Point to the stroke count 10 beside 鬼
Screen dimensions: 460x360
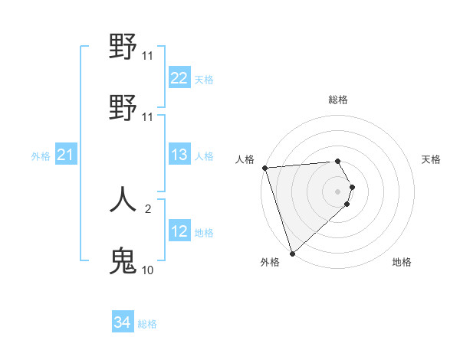147,270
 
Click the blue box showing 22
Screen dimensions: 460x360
179,78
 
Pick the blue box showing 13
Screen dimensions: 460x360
179,155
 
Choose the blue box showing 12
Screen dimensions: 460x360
179,231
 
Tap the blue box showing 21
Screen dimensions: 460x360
66,155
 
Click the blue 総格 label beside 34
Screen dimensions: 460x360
147,324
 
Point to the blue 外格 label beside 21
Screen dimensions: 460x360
41,156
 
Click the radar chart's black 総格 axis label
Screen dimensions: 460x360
338,100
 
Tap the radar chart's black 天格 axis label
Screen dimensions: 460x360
432,159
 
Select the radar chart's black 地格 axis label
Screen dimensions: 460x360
402,262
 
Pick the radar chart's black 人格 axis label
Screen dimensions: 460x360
245,159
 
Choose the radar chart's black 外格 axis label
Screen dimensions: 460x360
270,262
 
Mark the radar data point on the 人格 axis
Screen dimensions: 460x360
264,168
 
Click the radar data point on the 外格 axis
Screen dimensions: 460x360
292,253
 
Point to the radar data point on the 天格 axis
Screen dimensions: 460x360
353,187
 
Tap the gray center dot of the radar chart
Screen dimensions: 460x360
338,191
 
